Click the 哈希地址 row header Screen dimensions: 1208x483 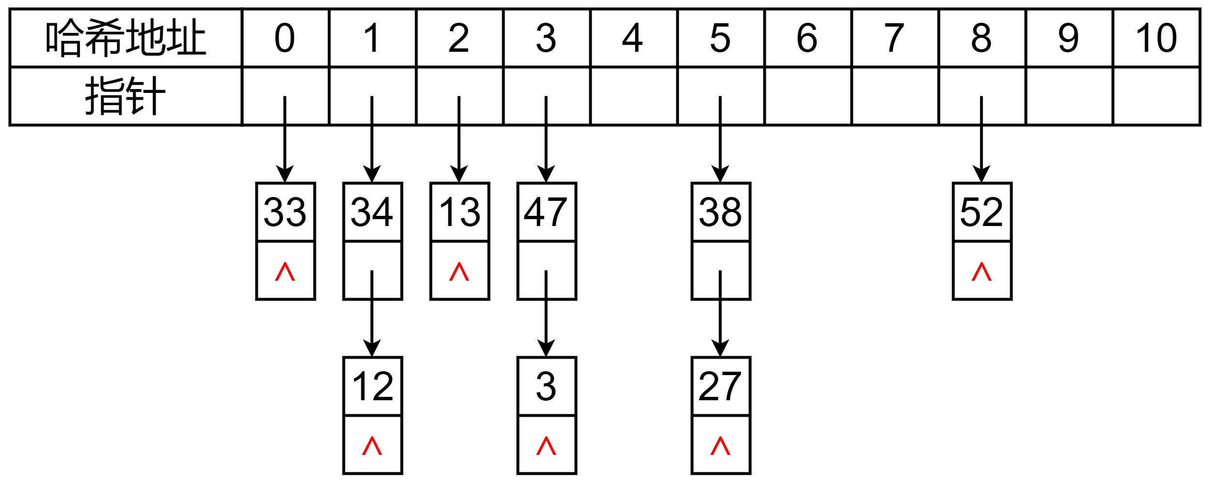pyautogui.click(x=126, y=38)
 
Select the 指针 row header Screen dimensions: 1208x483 pyautogui.click(x=126, y=96)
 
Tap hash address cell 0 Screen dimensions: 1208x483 pyautogui.click(x=285, y=38)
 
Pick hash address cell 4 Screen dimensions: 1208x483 pyautogui.click(x=633, y=38)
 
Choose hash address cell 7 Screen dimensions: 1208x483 pyautogui.click(x=894, y=38)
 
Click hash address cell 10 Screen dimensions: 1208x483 pyautogui.click(x=1156, y=38)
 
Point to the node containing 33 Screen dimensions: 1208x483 pyautogui.click(x=285, y=212)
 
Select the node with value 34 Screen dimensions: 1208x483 pyautogui.click(x=373, y=212)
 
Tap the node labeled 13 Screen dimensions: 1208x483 pyautogui.click(x=460, y=212)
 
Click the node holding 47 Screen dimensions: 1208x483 pyautogui.click(x=547, y=212)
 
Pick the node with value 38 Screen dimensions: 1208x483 pyautogui.click(x=721, y=212)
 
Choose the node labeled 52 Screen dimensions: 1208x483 pyautogui.click(x=982, y=212)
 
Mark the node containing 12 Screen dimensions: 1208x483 pyautogui.click(x=373, y=386)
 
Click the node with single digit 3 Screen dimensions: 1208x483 pyautogui.click(x=547, y=386)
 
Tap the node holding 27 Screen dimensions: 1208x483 pyautogui.click(x=721, y=386)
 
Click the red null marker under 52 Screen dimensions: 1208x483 pyautogui.click(x=982, y=272)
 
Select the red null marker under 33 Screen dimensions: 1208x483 pyautogui.click(x=285, y=272)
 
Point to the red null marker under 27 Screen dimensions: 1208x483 pyautogui.click(x=721, y=446)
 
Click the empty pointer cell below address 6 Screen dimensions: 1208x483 pyautogui.click(x=807, y=96)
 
